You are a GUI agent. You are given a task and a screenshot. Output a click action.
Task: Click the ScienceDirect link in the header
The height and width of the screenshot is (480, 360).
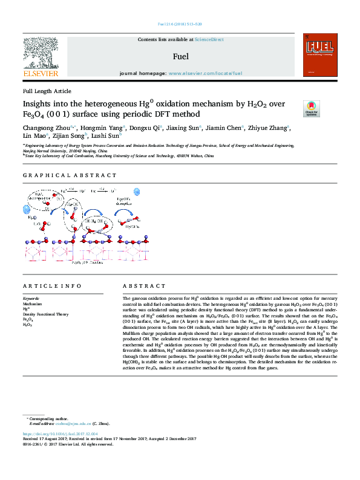pyautogui.click(x=209, y=39)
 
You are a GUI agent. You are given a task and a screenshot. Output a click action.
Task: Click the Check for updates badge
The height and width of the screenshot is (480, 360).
pyautogui.click(x=311, y=108)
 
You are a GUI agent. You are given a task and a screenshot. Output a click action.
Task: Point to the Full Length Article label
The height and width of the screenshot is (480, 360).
pyautogui.click(x=47, y=91)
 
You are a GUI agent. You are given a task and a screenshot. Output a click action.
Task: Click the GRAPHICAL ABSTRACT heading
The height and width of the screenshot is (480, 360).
pyautogui.click(x=70, y=175)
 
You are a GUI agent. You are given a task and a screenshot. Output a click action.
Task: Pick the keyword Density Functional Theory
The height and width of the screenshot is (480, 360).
pyautogui.click(x=45, y=314)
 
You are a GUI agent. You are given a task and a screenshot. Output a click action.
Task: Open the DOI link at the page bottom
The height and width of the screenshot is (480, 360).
pyautogui.click(x=61, y=434)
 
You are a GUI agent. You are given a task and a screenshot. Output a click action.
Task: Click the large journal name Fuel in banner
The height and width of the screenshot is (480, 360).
pyautogui.click(x=180, y=57)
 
